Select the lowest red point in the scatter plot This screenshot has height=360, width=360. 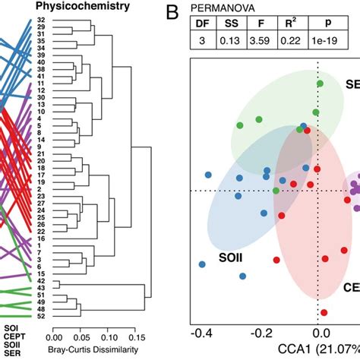point(324,312)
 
